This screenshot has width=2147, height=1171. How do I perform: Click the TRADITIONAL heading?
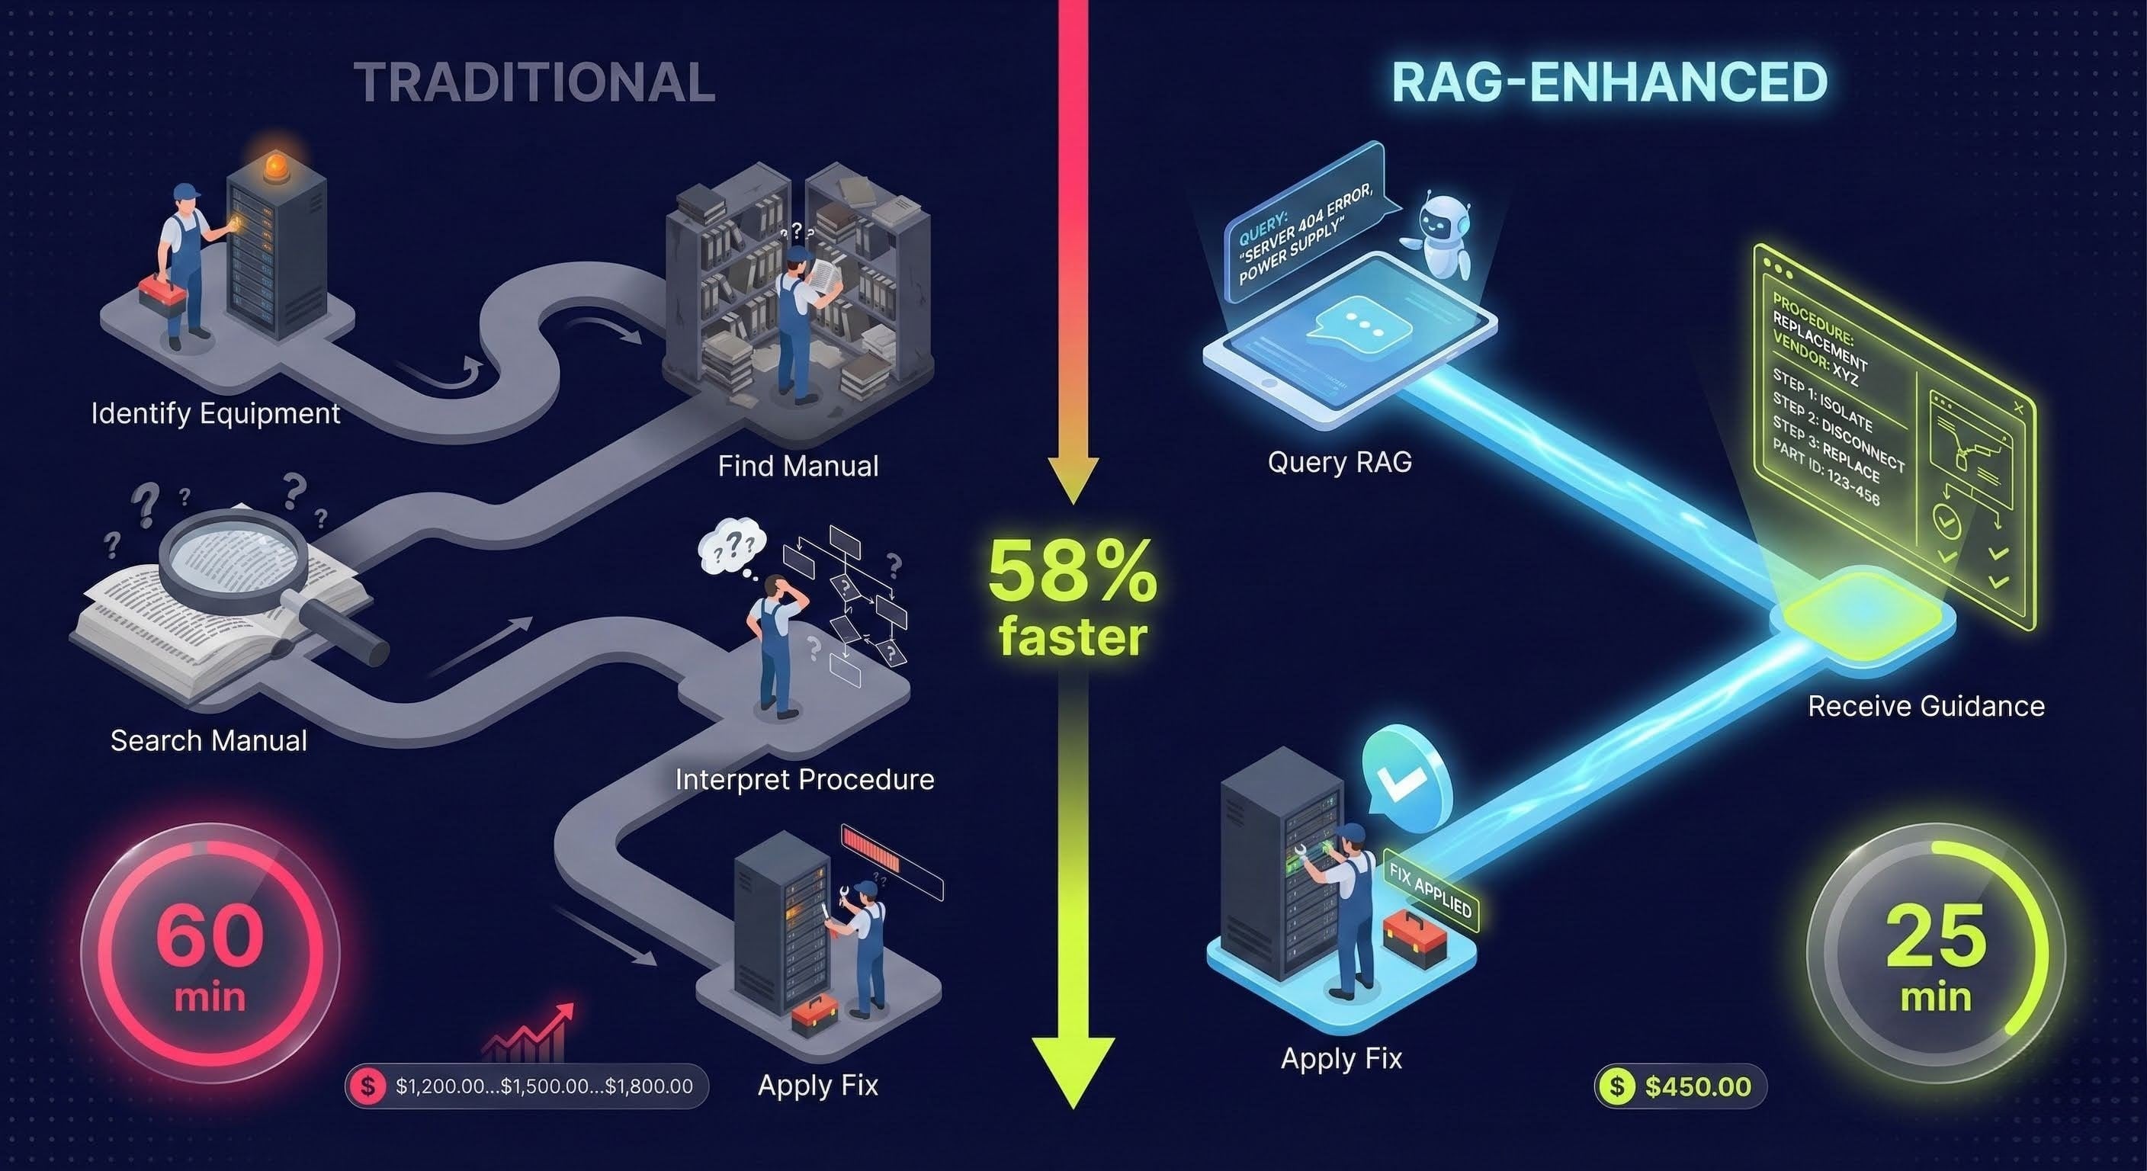pyautogui.click(x=534, y=83)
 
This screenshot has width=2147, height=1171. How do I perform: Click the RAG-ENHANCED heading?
pyautogui.click(x=1609, y=82)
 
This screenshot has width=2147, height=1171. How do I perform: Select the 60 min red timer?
pyautogui.click(x=210, y=954)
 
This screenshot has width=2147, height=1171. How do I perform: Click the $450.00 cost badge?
pyautogui.click(x=1680, y=1086)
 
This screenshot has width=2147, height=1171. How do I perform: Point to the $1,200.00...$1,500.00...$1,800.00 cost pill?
pyautogui.click(x=527, y=1086)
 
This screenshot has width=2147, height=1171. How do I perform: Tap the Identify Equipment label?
pyautogui.click(x=215, y=413)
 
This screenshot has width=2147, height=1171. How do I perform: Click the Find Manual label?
pyautogui.click(x=798, y=466)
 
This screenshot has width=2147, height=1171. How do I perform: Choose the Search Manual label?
pyautogui.click(x=208, y=741)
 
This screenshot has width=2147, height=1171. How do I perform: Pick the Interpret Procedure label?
pyautogui.click(x=804, y=779)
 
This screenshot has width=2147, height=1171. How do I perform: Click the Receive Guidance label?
pyautogui.click(x=1926, y=707)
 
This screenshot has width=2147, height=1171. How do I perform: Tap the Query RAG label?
pyautogui.click(x=1340, y=462)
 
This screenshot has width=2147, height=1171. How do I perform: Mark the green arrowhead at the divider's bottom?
pyautogui.click(x=1073, y=1071)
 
